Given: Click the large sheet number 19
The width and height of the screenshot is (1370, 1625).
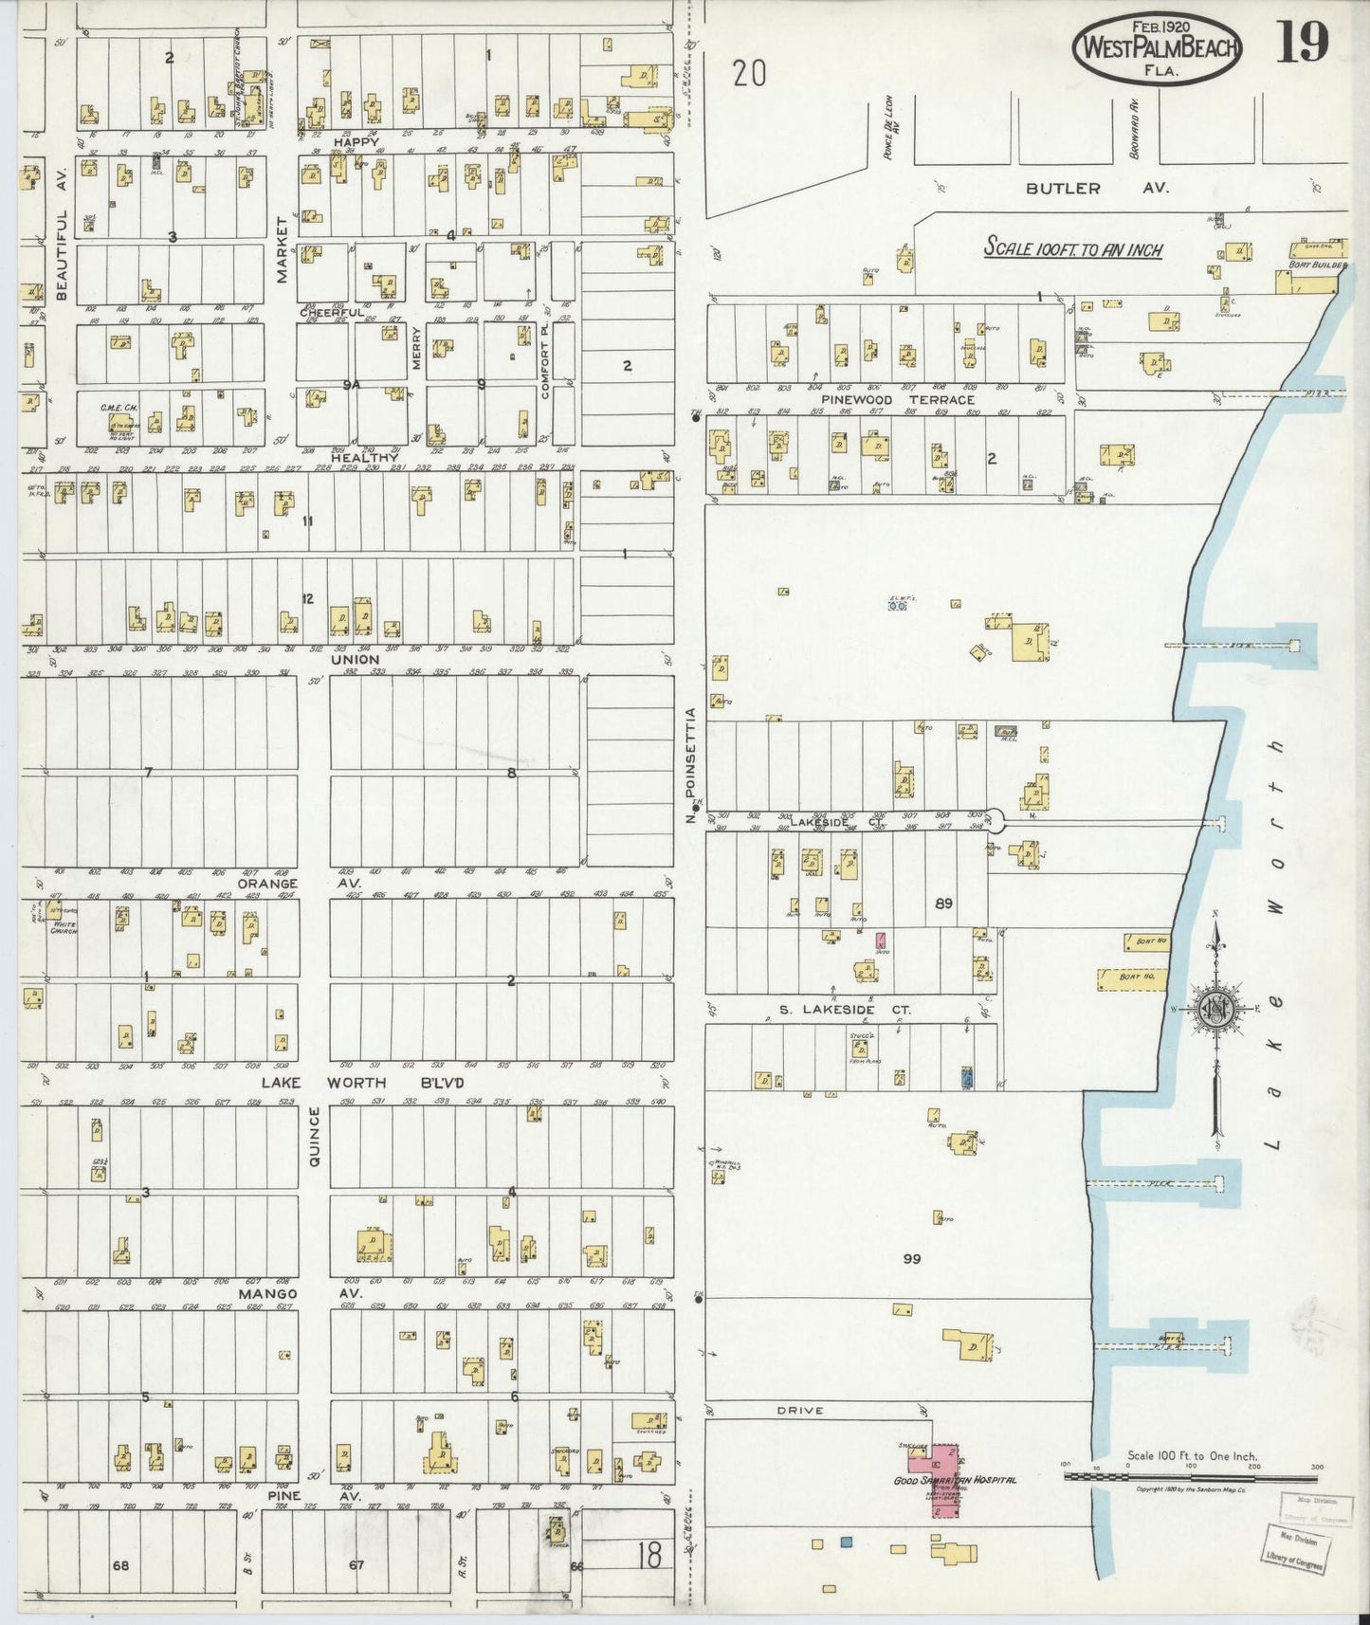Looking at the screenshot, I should tap(1302, 43).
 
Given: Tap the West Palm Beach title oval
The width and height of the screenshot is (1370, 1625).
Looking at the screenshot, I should tap(1157, 48).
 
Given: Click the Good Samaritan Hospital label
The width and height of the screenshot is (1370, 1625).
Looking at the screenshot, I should tap(956, 1480).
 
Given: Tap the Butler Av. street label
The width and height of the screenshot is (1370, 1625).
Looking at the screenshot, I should tap(1097, 189).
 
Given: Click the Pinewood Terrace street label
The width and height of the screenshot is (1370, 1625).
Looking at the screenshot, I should tap(897, 400).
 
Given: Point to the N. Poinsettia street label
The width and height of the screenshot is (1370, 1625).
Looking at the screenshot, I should tap(692, 764).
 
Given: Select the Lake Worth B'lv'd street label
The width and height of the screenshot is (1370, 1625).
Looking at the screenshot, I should tap(362, 1083).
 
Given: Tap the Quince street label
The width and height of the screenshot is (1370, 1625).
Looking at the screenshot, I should tap(315, 1137).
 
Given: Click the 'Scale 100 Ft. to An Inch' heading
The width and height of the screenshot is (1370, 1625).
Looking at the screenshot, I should tap(1072, 248).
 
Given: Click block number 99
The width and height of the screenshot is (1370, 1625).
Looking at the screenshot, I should tap(911, 1258).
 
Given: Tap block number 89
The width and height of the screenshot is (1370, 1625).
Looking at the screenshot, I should tap(942, 904).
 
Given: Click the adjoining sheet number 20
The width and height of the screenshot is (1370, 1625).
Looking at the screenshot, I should tap(748, 73).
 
